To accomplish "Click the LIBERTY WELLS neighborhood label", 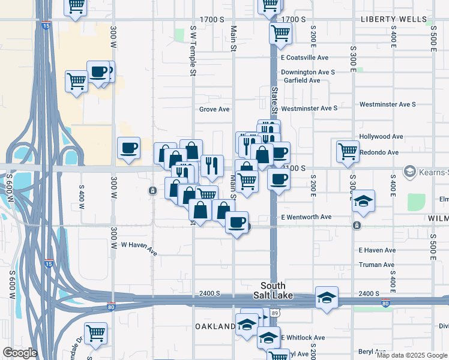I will click(394, 19).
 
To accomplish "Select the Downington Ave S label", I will click(308, 72).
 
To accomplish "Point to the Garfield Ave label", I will click(302, 80).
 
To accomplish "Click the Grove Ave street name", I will click(214, 109).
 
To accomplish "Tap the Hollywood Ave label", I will click(381, 137).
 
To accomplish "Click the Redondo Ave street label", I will click(379, 152).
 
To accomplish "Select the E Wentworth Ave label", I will click(306, 217).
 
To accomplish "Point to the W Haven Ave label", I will click(139, 248).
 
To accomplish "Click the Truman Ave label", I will click(376, 265).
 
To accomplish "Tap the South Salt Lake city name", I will click(273, 291).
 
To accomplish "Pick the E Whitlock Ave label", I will click(303, 338).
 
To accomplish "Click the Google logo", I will click(19, 353).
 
